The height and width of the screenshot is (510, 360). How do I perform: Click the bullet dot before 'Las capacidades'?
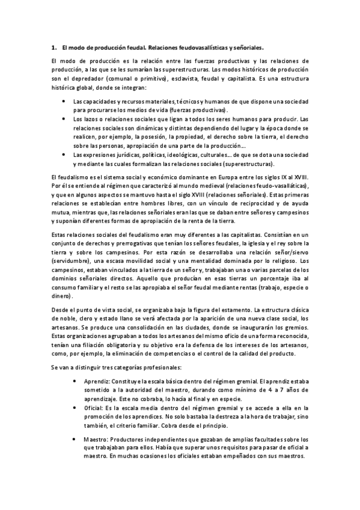point(65,103)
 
